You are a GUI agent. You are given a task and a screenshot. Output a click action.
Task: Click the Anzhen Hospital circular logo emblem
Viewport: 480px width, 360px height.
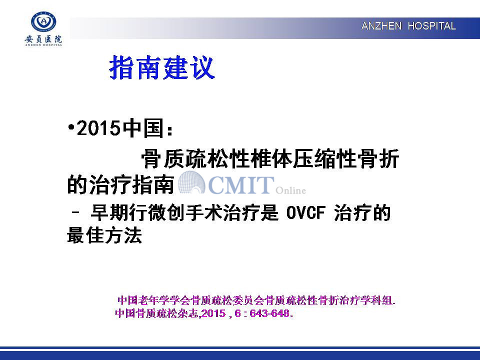43,21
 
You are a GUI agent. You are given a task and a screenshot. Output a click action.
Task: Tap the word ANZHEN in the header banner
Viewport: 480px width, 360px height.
381,26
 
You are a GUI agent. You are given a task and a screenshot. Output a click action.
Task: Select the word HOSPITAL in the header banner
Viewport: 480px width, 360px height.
431,26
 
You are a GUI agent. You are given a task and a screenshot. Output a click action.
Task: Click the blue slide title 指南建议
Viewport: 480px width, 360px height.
162,67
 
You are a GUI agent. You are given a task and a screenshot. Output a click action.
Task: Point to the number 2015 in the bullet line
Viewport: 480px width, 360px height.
98,128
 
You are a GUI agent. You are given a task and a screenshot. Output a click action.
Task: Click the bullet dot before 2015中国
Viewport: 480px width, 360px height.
71,127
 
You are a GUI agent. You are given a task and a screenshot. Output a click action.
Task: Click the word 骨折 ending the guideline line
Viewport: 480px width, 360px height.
379,159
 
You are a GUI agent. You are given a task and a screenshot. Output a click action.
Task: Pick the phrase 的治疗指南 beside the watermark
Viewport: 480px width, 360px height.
120,184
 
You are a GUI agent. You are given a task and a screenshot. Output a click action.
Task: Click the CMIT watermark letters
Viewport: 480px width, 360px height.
241,185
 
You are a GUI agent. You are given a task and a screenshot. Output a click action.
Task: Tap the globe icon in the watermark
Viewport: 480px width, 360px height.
191,182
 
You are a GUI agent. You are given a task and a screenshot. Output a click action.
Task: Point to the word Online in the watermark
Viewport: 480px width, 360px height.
290,190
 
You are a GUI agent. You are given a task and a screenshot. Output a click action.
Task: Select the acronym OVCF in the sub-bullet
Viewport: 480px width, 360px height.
305,213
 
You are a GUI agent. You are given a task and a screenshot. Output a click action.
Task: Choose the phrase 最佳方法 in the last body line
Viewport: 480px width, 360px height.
104,235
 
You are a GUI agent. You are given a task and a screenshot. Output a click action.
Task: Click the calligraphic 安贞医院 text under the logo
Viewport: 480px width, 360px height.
43,39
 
